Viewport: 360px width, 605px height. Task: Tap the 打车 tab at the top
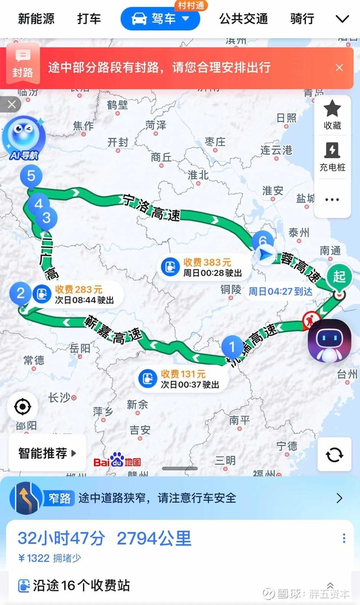point(89,19)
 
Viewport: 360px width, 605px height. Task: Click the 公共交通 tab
point(243,19)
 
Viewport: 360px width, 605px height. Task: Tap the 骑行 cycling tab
point(302,19)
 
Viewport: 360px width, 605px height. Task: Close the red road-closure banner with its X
point(339,68)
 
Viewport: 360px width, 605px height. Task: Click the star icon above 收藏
point(332,109)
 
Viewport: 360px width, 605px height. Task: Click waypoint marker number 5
point(31,176)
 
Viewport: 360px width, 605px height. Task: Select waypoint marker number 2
point(21,294)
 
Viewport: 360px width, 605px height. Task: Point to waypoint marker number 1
point(232,347)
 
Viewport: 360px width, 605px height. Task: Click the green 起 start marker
point(339,277)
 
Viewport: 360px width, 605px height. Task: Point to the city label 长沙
point(60,398)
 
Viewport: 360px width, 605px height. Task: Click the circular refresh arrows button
point(334,454)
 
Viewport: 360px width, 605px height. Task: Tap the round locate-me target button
point(22,407)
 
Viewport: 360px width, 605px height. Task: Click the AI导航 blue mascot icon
point(23,136)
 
